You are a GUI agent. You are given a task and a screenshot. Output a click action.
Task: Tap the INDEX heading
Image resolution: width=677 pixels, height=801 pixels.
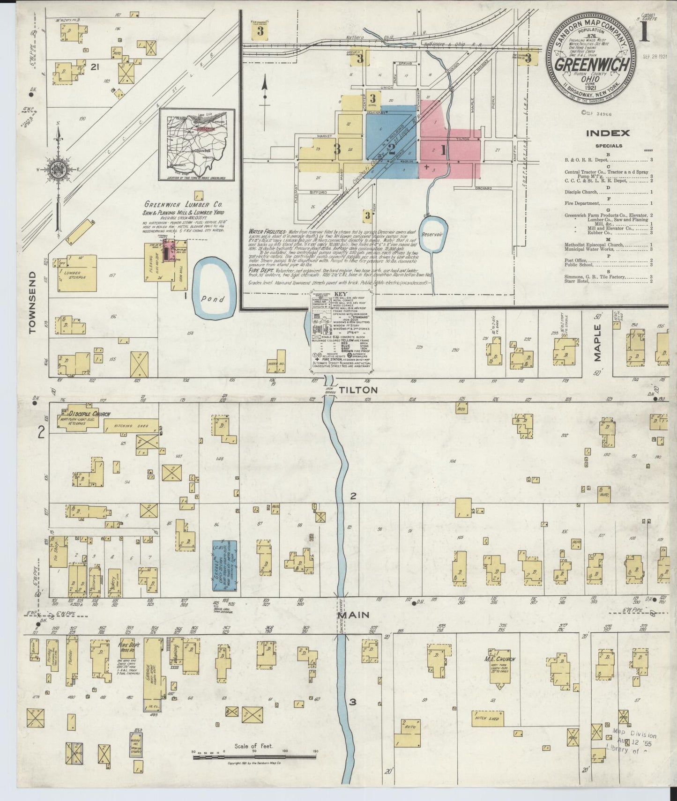tap(614, 133)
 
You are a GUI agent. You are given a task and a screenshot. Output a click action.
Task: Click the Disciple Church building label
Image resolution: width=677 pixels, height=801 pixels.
tap(82, 414)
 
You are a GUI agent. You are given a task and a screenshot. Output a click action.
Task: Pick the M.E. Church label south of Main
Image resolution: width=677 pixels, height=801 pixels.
tap(499, 659)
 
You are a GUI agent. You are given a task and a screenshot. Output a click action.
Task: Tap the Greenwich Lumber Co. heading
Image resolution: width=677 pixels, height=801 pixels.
tap(183, 205)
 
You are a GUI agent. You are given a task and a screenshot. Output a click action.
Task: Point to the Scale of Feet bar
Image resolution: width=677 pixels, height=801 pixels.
tap(253, 764)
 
